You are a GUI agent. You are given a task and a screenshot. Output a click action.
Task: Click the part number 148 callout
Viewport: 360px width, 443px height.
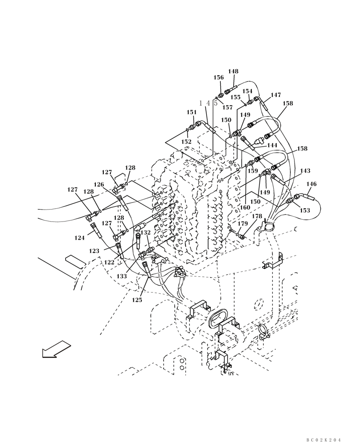(x=233, y=71)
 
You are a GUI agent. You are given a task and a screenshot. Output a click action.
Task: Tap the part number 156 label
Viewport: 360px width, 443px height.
(x=219, y=78)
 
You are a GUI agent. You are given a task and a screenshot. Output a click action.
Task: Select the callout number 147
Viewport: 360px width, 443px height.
(x=276, y=95)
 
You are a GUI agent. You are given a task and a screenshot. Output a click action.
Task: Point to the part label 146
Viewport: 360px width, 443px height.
(x=312, y=184)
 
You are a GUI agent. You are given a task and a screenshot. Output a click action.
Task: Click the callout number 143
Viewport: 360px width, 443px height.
(x=305, y=171)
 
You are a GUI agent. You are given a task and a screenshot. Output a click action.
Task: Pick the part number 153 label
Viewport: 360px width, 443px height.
(x=305, y=211)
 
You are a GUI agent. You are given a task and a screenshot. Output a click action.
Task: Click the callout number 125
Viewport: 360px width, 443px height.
(x=137, y=300)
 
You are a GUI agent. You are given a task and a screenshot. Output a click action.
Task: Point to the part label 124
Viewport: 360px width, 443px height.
(x=79, y=238)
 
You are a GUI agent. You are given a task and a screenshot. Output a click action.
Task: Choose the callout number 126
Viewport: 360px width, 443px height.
(x=98, y=184)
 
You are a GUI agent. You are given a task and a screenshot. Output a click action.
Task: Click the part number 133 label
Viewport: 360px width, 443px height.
(x=122, y=276)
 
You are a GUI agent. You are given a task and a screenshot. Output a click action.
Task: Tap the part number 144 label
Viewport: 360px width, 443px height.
(x=272, y=145)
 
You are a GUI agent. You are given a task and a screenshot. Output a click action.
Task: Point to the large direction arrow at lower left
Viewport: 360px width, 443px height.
(x=56, y=349)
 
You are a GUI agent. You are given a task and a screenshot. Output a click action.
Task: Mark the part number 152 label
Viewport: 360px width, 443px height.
(x=186, y=142)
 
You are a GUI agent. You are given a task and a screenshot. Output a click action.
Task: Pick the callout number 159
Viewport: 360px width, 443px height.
(x=253, y=171)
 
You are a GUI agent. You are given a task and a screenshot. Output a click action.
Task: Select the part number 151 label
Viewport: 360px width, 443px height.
(x=192, y=113)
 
